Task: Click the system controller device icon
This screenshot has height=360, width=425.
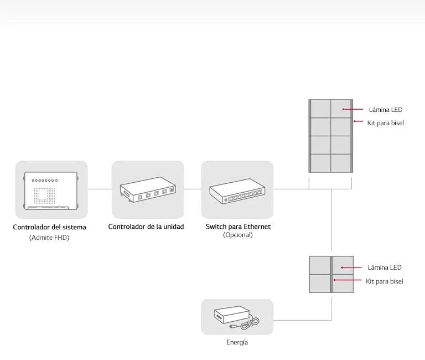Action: [51, 192]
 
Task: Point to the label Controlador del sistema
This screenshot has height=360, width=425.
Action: [50, 227]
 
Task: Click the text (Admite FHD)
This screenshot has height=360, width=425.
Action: [50, 238]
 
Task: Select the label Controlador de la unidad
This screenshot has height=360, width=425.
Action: [146, 227]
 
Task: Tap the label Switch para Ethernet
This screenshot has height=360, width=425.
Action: [238, 227]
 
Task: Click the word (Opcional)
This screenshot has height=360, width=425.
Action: [238, 235]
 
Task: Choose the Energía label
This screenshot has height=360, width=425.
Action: [237, 342]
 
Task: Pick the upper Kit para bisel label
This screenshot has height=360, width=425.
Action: [386, 122]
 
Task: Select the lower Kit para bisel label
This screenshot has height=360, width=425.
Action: [385, 281]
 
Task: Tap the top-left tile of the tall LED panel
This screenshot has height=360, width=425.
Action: [320, 109]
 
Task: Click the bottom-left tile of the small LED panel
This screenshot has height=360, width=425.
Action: [319, 283]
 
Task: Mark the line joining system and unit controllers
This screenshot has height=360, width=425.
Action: [100, 189]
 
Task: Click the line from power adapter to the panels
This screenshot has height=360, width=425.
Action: [302, 320]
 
